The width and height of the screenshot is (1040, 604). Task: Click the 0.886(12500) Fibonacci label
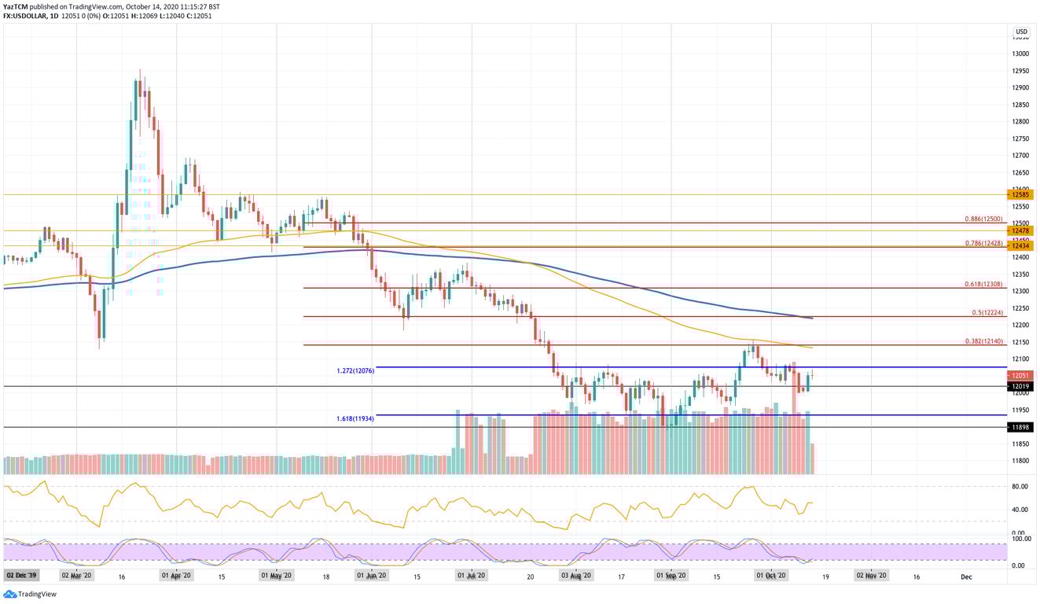[983, 219]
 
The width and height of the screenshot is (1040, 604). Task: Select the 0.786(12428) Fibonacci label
[983, 243]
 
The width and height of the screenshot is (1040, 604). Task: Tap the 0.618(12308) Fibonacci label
[983, 283]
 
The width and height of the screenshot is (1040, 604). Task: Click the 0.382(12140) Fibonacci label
[983, 341]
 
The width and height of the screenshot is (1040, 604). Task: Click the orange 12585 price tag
[1021, 194]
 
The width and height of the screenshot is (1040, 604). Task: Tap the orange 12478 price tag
[1021, 230]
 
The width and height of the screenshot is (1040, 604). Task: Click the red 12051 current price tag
[1021, 376]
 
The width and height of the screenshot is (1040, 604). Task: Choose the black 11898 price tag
[1021, 427]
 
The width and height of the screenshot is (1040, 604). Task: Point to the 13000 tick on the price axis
[1021, 53]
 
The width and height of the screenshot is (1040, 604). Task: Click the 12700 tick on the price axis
[1021, 156]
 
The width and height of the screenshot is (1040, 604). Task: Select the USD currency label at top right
[1021, 32]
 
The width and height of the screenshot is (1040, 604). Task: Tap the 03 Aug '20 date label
[575, 576]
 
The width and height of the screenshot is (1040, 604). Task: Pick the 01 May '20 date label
[276, 576]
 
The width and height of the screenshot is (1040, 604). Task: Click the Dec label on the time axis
[966, 576]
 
